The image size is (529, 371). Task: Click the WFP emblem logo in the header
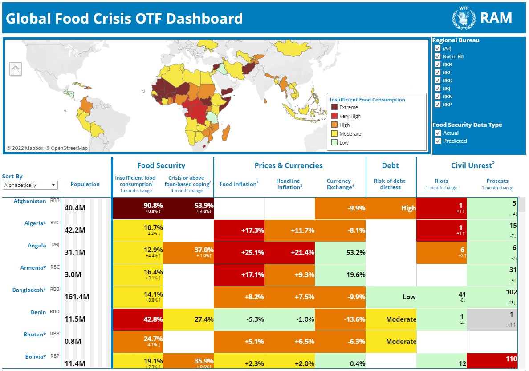[464, 18]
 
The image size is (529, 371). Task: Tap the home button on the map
[16, 69]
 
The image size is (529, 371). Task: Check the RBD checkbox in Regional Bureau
[438, 81]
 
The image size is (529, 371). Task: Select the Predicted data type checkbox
[438, 141]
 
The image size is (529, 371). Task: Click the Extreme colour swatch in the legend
[334, 107]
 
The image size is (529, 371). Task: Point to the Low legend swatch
[334, 143]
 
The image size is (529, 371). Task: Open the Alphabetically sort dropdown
[30, 185]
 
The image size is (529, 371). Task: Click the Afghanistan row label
[29, 201]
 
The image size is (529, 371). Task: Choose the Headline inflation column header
[289, 184]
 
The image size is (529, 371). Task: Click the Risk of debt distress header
[391, 184]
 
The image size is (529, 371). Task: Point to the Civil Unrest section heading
[471, 166]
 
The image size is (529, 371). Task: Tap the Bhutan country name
[34, 335]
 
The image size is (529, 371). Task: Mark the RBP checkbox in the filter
[438, 105]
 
